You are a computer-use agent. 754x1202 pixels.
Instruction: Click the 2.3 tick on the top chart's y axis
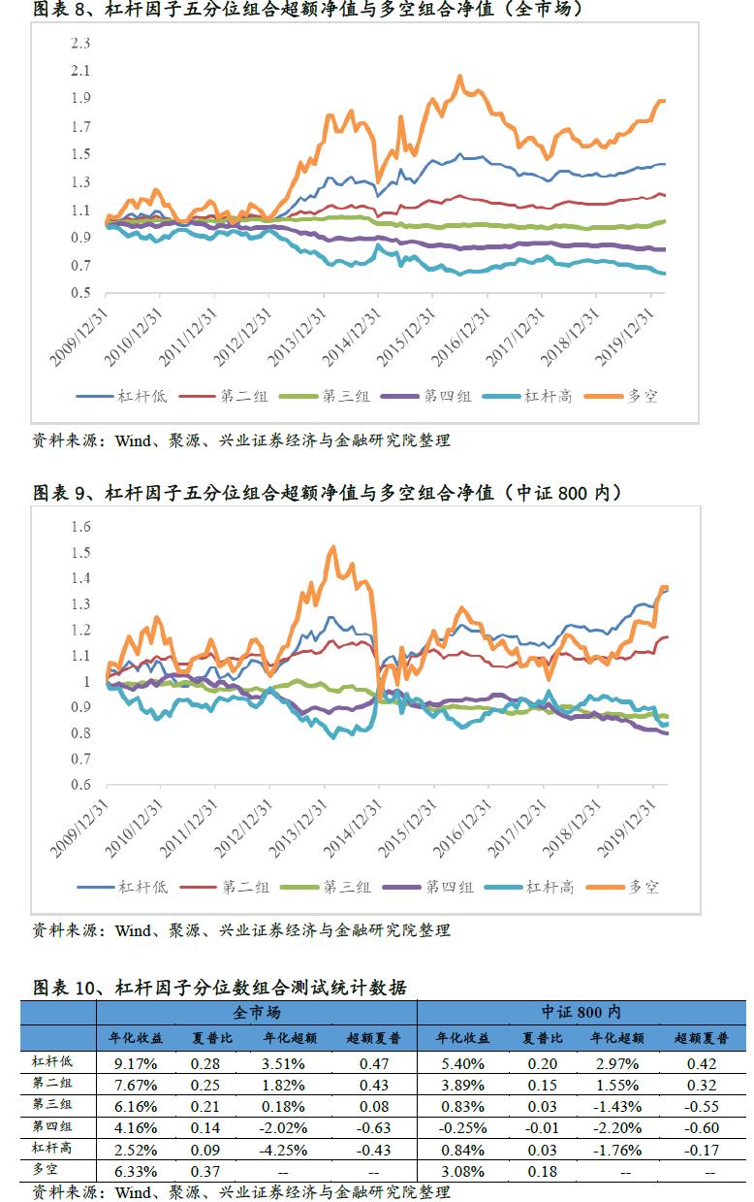[x=81, y=44]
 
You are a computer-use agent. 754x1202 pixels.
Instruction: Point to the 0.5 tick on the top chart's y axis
[x=81, y=293]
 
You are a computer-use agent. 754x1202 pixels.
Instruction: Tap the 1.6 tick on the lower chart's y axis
[x=81, y=527]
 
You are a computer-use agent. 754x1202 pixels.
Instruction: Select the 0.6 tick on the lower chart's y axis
[x=81, y=786]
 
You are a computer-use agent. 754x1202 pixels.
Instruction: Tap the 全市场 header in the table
[x=257, y=1012]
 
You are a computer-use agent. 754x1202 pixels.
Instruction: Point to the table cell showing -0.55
[x=697, y=1107]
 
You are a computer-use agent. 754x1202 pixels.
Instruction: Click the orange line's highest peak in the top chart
[x=458, y=76]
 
